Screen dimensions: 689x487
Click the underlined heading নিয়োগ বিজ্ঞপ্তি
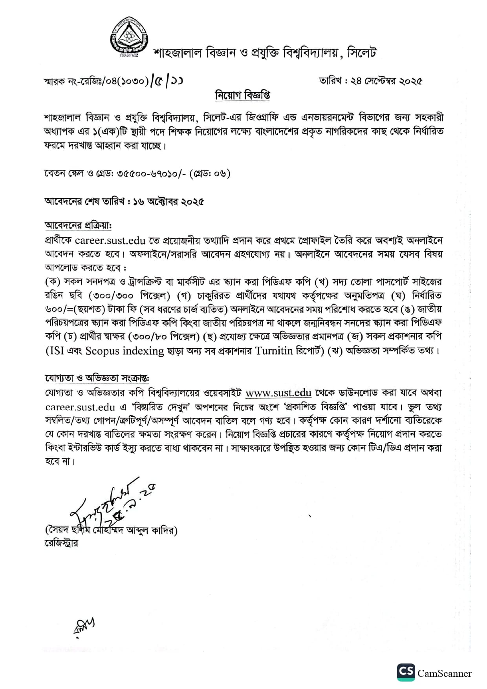pos(243,95)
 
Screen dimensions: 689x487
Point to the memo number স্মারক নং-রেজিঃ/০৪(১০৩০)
pos(96,82)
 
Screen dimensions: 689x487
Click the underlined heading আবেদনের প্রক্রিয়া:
pos(78,226)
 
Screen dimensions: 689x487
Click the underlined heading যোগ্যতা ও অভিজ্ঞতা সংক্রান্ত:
pos(97,378)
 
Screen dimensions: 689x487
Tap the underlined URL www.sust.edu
pos(278,393)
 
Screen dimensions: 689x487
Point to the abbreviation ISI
pos(55,351)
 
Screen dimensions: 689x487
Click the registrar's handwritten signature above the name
pos(110,504)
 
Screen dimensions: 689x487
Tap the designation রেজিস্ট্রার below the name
pos(61,543)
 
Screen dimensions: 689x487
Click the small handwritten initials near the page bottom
pos(84,626)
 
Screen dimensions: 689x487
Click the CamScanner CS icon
pos(406,673)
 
